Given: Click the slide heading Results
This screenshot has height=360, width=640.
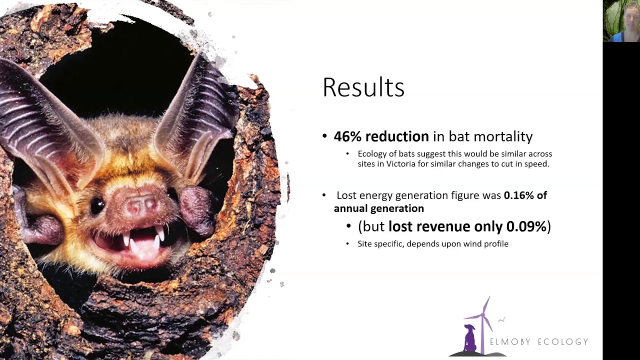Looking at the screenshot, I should pyautogui.click(x=363, y=87).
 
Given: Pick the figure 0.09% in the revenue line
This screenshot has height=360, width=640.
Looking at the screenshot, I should pyautogui.click(x=526, y=226).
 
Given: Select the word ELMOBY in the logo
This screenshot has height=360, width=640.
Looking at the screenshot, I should pyautogui.click(x=510, y=342).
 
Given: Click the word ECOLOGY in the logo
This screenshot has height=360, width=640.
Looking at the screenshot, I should pyautogui.click(x=562, y=342).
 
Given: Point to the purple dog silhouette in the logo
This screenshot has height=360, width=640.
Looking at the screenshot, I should pyautogui.click(x=469, y=338).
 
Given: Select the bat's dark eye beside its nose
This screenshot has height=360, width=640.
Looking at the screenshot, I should pyautogui.click(x=97, y=205).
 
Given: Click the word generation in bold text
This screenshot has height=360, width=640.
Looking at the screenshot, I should pyautogui.click(x=399, y=208).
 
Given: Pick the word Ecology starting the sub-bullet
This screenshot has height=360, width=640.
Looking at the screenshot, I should pyautogui.click(x=371, y=154).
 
